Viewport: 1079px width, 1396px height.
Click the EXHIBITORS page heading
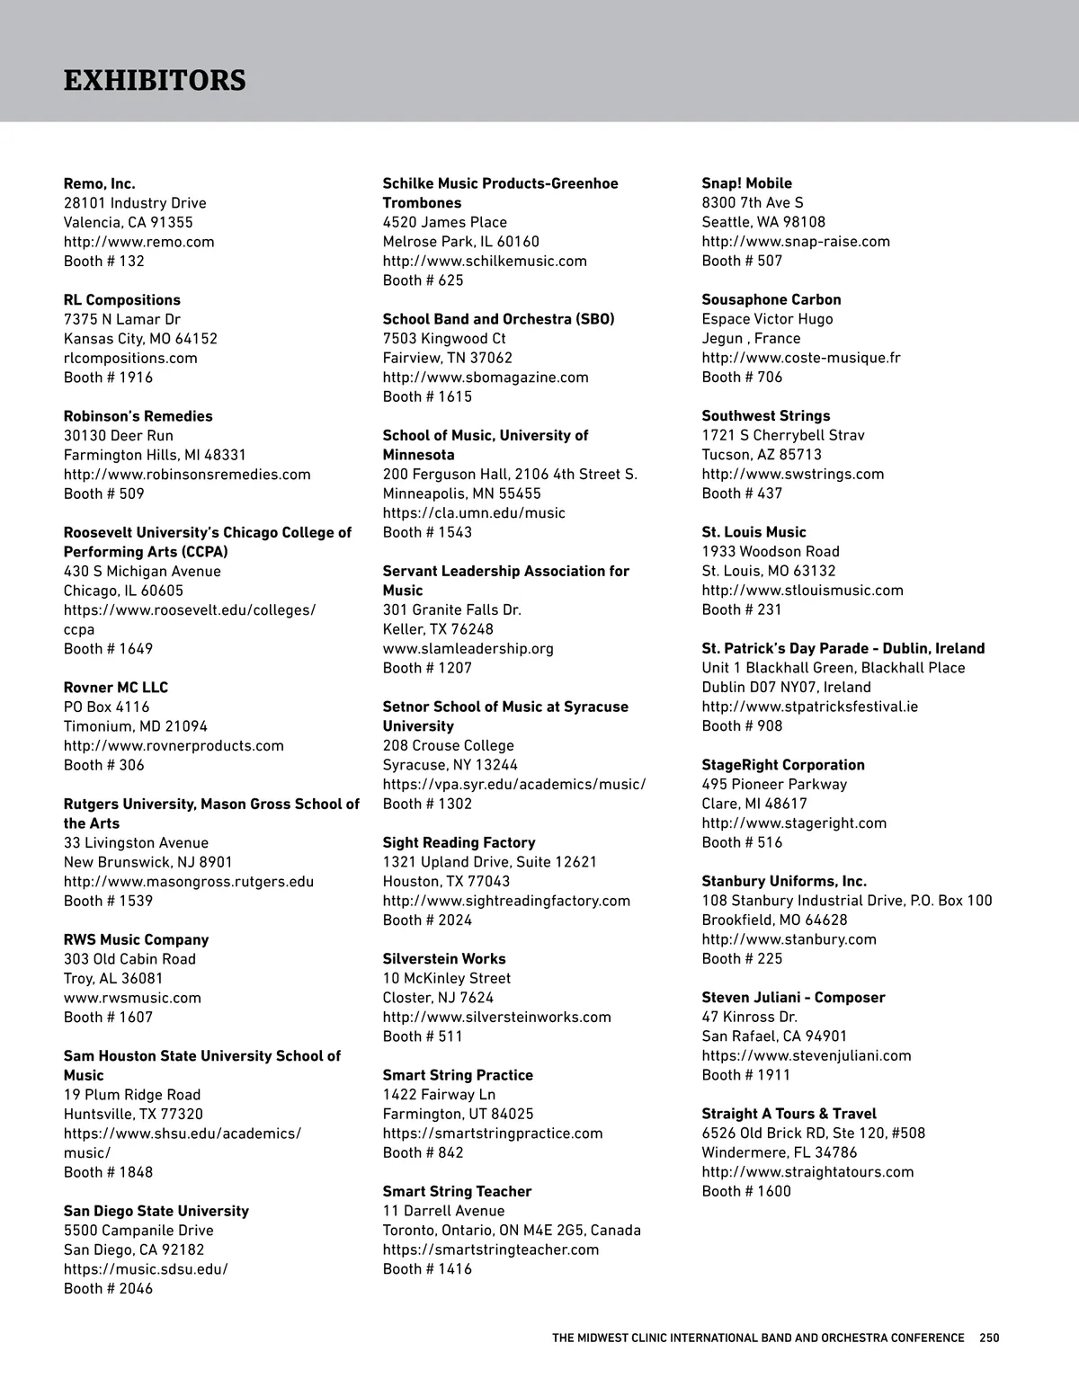[x=155, y=80]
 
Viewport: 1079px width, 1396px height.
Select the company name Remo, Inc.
[x=100, y=183]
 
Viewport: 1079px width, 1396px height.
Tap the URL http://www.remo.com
[x=138, y=242]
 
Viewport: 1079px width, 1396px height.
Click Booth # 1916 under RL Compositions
[x=108, y=378]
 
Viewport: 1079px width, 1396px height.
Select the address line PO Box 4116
[x=106, y=707]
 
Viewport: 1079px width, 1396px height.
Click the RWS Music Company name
[x=136, y=939]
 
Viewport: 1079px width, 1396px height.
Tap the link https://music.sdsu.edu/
[x=146, y=1269]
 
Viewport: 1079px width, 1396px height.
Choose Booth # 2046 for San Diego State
[x=108, y=1289]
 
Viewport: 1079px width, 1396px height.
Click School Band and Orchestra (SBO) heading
[x=498, y=319]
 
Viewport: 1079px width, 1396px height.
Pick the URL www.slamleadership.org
[x=468, y=648]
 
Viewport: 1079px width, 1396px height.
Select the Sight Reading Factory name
[x=459, y=842]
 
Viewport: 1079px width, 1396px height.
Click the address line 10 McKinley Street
[x=446, y=978]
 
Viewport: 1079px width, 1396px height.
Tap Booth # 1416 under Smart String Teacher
[x=427, y=1269]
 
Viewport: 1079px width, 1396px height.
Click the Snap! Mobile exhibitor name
[x=746, y=183]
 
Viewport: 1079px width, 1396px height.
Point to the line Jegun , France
[x=751, y=339]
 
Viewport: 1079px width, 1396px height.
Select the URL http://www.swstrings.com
[x=792, y=474]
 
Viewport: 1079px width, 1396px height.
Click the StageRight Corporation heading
[x=783, y=765]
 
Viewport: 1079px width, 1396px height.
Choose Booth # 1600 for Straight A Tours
[x=746, y=1192]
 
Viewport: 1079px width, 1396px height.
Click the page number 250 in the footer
[x=989, y=1338]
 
